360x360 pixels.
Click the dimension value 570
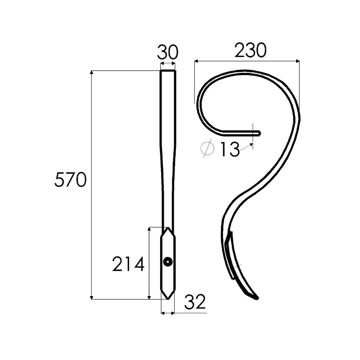[x=70, y=180]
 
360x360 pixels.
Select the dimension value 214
[x=128, y=264]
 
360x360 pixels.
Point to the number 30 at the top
[x=167, y=53]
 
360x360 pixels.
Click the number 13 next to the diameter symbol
[x=230, y=149]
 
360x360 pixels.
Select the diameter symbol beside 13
[x=208, y=149]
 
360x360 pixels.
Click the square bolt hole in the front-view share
[x=168, y=261]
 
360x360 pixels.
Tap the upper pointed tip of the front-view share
[x=168, y=228]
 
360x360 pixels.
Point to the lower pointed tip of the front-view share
[x=168, y=298]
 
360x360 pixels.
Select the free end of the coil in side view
[x=259, y=133]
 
